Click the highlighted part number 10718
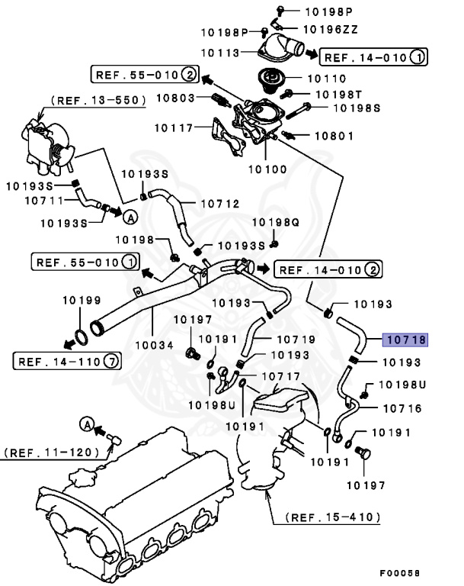coord(406,340)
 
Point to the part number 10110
coord(326,78)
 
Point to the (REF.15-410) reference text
coord(333,517)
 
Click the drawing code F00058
coord(399,572)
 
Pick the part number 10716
coord(400,408)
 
